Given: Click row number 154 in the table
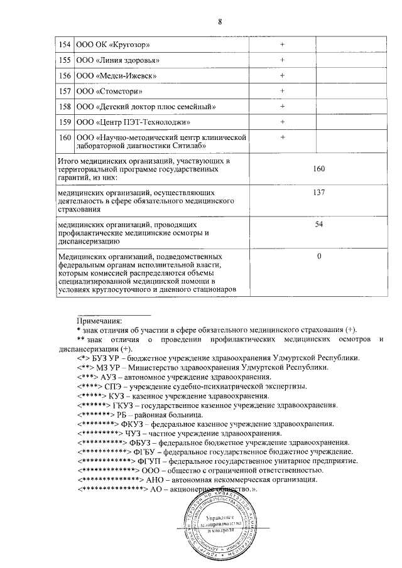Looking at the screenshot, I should pyautogui.click(x=64, y=45).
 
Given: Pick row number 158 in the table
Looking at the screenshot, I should pyautogui.click(x=64, y=107).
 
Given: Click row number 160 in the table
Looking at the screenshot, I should pyautogui.click(x=64, y=137).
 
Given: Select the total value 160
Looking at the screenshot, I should pyautogui.click(x=318, y=169).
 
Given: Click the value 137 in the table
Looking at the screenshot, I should pyautogui.click(x=318, y=193).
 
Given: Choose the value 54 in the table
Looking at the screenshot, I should pyautogui.click(x=318, y=224).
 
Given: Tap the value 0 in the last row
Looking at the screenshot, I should pyautogui.click(x=319, y=256).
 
